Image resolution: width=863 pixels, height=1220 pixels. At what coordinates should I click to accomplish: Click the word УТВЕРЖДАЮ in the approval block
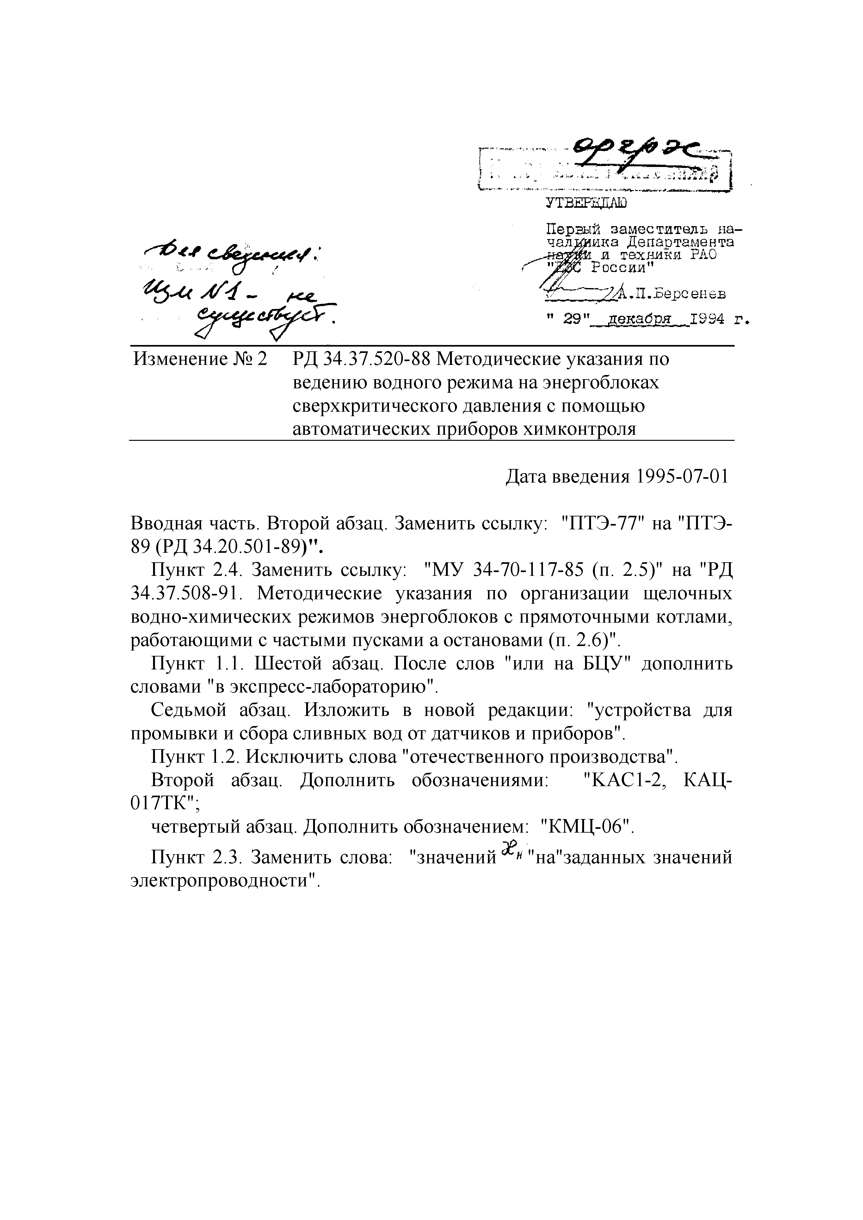[587, 202]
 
